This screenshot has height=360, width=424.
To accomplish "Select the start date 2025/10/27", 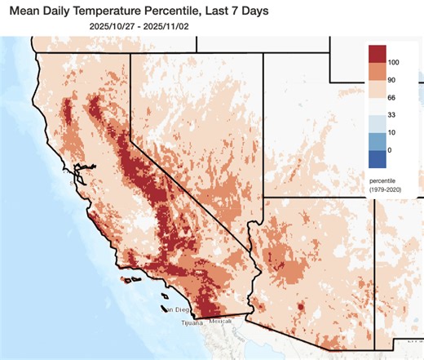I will coord(124,26).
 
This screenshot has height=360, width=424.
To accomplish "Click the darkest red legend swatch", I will coord(378,54).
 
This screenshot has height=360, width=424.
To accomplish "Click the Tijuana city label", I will coord(194,322).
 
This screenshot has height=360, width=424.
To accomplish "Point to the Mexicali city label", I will coord(221,321).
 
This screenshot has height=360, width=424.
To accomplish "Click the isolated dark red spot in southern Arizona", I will coord(301,307).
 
